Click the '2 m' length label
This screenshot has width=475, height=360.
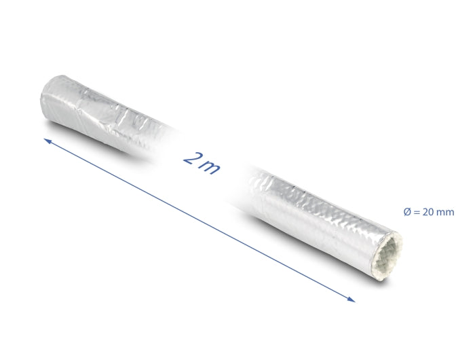(202, 162)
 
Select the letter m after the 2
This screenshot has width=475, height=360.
(210, 166)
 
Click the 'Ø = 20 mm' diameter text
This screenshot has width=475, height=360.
(428, 213)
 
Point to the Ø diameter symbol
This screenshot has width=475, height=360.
(407, 213)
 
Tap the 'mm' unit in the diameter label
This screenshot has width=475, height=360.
(446, 213)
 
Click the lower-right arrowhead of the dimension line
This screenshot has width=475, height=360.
(351, 298)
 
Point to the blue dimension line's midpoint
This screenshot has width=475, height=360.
(199, 219)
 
